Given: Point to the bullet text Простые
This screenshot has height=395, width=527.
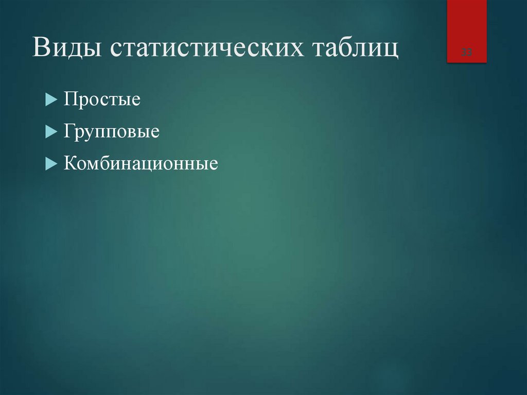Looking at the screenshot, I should point(102,99).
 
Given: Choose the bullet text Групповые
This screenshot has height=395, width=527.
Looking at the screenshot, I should point(111,131).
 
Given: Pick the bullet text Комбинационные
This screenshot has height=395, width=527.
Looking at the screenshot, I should point(140,164).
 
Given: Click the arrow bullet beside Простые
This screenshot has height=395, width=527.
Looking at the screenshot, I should point(50,99).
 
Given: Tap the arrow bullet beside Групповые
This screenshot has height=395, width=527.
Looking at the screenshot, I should point(50,131).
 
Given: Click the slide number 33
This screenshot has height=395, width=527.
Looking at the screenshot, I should point(467,52).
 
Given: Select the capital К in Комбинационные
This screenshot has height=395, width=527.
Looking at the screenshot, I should point(71,164).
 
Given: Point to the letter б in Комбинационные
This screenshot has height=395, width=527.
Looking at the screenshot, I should point(109,164).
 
